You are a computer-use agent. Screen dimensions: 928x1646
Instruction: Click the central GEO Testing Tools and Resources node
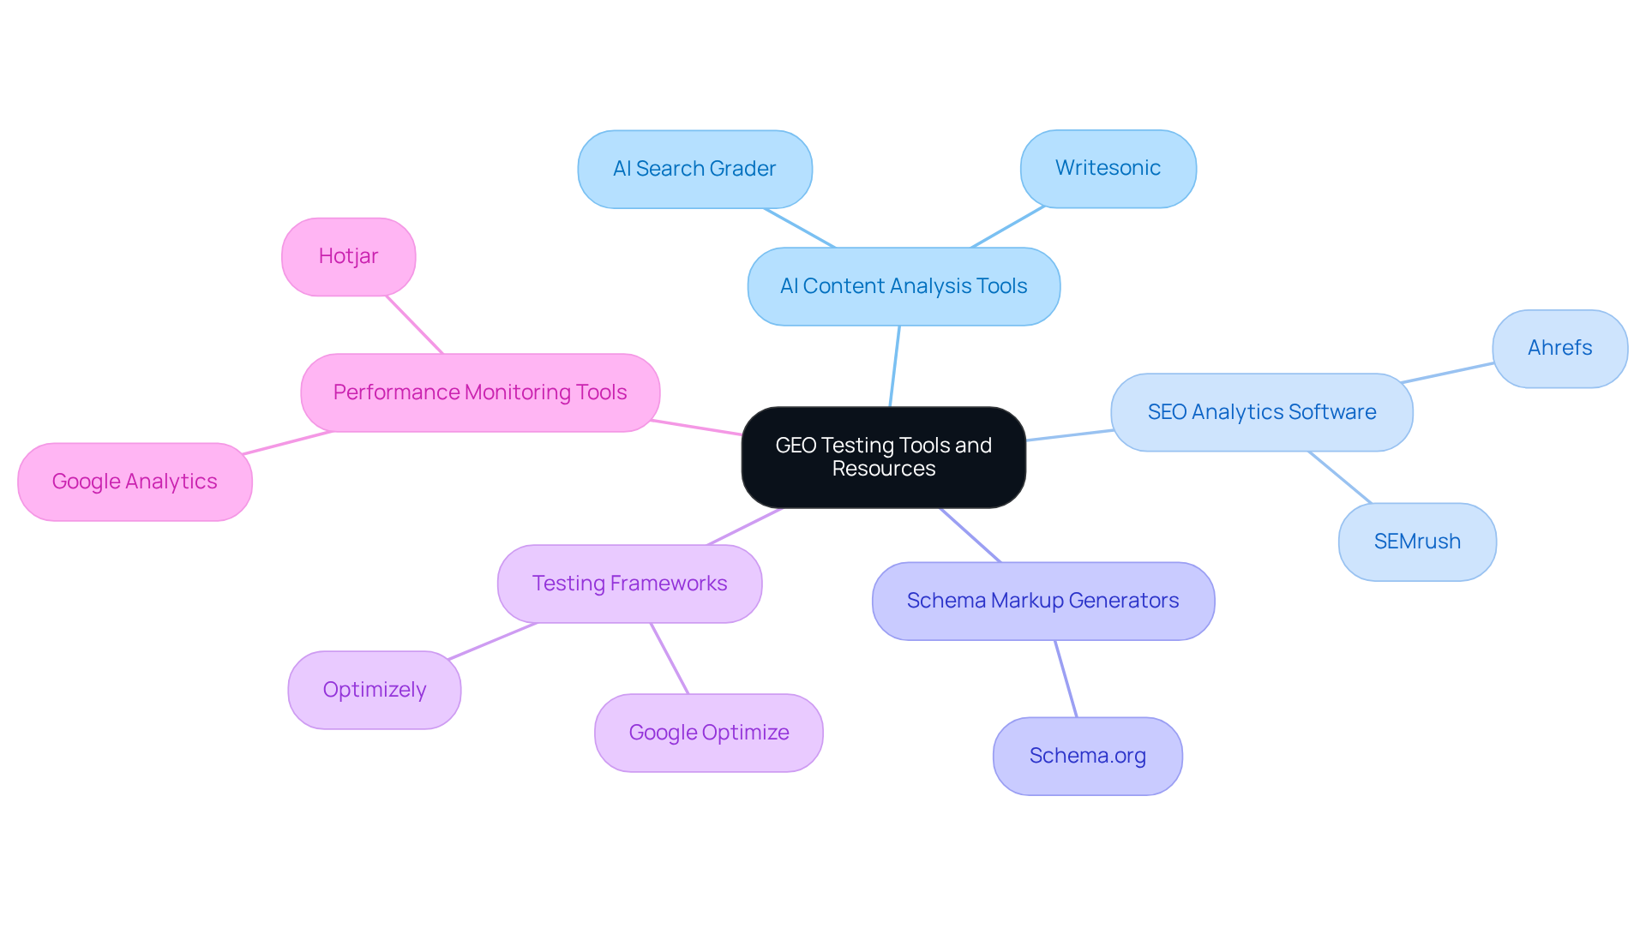pyautogui.click(x=883, y=457)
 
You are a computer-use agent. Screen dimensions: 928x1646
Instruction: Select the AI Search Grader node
pyautogui.click(x=694, y=169)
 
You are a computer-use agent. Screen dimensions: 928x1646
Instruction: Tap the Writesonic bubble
pyautogui.click(x=1108, y=168)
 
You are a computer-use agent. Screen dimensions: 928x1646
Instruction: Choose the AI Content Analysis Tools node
pyautogui.click(x=904, y=286)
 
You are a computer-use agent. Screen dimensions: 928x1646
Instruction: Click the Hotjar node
pyautogui.click(x=348, y=256)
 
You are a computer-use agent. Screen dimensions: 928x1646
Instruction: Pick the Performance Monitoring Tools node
pyautogui.click(x=480, y=392)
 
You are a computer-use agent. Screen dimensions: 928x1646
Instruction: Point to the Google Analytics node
pyautogui.click(x=135, y=482)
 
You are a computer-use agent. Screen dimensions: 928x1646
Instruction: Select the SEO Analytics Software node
pyautogui.click(x=1261, y=412)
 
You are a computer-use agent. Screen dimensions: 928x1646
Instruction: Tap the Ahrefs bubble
pyautogui.click(x=1559, y=348)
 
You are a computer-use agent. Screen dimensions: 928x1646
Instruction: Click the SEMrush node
pyautogui.click(x=1417, y=542)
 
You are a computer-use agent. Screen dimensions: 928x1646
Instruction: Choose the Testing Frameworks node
pyautogui.click(x=629, y=584)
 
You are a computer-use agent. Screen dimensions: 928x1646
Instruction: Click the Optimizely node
pyautogui.click(x=374, y=690)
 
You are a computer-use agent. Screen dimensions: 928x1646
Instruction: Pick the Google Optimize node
pyautogui.click(x=708, y=733)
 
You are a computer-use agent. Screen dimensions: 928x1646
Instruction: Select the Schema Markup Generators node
pyautogui.click(x=1042, y=601)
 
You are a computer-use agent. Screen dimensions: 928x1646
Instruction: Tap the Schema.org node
pyautogui.click(x=1087, y=756)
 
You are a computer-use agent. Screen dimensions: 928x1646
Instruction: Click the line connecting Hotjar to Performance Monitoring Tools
pyautogui.click(x=414, y=325)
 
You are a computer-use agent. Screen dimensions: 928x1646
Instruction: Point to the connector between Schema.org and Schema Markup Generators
pyautogui.click(x=1066, y=679)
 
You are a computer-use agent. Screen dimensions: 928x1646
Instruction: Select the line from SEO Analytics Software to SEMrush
pyautogui.click(x=1340, y=477)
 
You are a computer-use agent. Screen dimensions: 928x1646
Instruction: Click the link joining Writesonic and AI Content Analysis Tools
pyautogui.click(x=1007, y=227)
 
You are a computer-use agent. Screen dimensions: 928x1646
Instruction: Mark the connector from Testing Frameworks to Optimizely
pyautogui.click(x=492, y=641)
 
